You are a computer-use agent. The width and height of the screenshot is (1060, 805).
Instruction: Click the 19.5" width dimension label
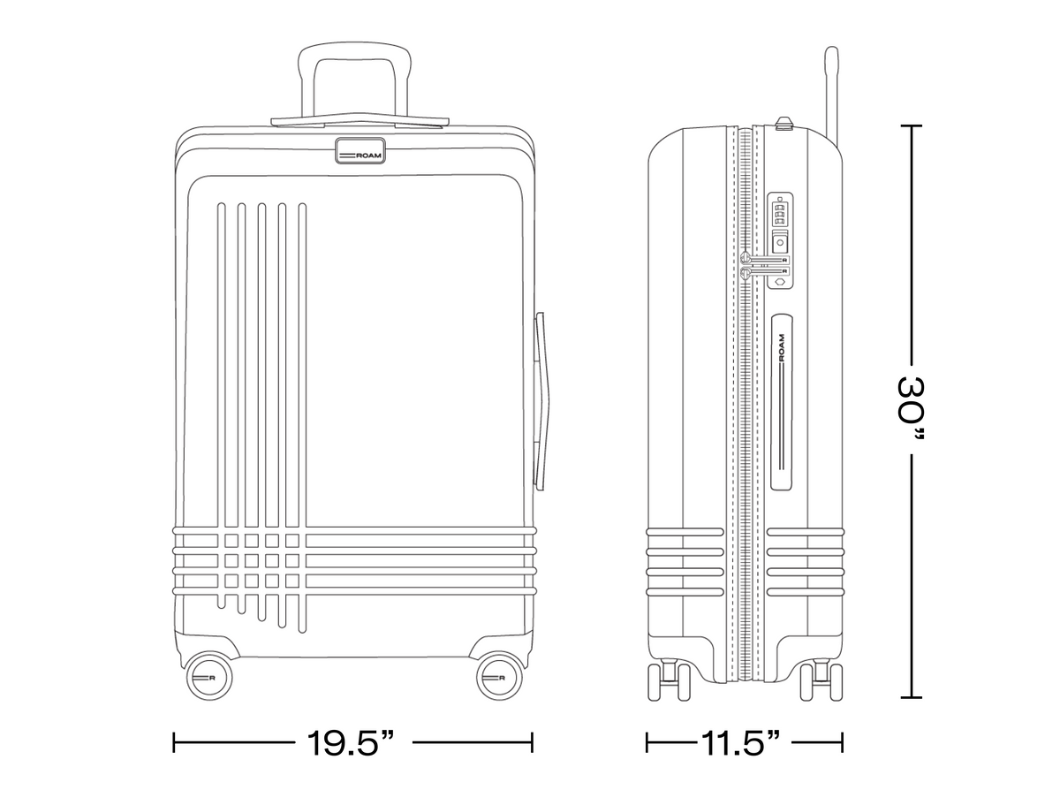[x=350, y=742]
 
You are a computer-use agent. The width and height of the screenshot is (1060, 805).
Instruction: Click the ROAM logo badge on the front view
[x=360, y=151]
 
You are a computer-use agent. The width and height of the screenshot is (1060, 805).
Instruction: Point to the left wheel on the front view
[x=208, y=677]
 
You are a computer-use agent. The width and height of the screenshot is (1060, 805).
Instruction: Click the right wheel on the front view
[x=500, y=677]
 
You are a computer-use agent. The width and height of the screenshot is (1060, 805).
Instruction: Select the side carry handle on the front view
[x=541, y=401]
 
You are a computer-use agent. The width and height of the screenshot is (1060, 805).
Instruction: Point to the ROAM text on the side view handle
[x=782, y=347]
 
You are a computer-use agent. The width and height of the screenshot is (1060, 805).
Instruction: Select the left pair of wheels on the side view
[x=670, y=681]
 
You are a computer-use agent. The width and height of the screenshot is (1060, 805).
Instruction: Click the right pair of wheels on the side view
[x=821, y=681]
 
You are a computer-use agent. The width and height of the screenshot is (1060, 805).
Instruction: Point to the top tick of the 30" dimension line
[x=912, y=126]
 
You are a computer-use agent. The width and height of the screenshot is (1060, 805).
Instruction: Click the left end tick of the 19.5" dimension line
[x=174, y=742]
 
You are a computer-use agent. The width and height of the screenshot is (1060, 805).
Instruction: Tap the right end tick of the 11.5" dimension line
[x=842, y=742]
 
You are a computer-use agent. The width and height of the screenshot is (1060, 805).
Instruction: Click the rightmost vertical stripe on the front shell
[x=302, y=418]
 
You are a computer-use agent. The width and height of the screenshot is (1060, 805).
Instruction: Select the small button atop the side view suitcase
[x=784, y=123]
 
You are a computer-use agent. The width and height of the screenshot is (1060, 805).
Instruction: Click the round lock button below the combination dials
[x=780, y=242]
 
